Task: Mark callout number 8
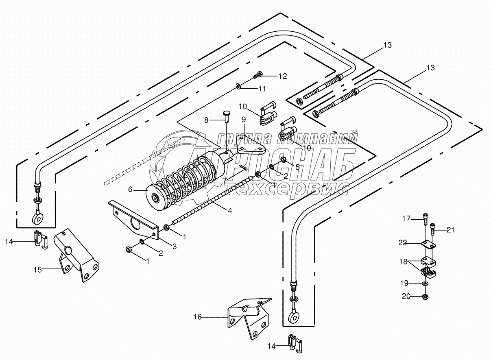(x=206, y=120)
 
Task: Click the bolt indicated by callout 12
(x=258, y=75)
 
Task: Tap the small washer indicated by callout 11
(x=238, y=86)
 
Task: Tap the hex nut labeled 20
(x=425, y=296)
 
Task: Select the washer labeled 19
(x=425, y=284)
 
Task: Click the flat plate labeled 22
(x=428, y=245)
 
